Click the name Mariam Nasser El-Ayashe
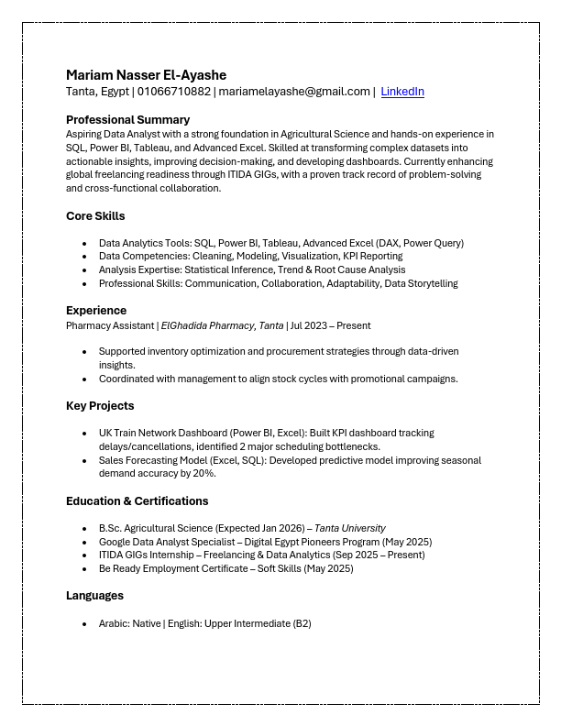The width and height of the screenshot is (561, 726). tap(146, 75)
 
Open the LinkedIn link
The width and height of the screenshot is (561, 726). tap(402, 92)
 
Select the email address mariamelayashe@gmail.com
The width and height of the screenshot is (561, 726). tap(293, 92)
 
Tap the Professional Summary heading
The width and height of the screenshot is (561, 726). tap(127, 120)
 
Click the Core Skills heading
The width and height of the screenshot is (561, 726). tap(95, 216)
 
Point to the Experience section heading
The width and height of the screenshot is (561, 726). tap(96, 311)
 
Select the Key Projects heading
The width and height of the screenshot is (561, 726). tap(100, 406)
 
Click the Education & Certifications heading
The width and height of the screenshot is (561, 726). tap(137, 501)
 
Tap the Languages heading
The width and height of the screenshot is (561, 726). tap(94, 596)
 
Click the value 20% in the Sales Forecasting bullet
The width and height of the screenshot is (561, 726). tap(203, 474)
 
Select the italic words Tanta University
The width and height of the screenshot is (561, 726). tap(350, 529)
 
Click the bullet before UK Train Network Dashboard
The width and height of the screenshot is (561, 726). tap(85, 433)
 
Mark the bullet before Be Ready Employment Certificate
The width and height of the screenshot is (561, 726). tap(85, 569)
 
